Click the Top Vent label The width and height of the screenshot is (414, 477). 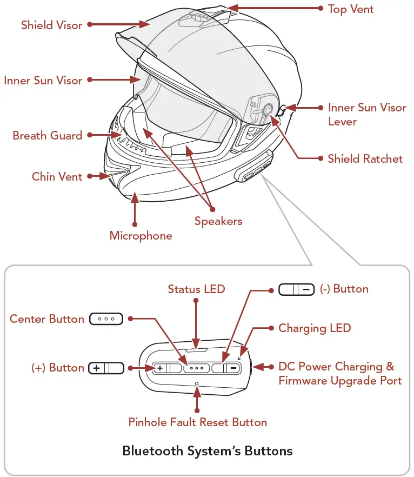point(351,9)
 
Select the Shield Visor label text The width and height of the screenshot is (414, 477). point(52,25)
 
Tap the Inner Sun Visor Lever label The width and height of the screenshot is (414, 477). point(367,114)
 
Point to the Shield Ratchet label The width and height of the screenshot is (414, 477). point(365,158)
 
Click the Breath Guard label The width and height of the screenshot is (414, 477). point(48,135)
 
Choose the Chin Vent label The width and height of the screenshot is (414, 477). point(57,176)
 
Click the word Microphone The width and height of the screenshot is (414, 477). point(141,236)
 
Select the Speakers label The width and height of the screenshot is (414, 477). point(218,221)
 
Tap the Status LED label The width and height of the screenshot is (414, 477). point(196,289)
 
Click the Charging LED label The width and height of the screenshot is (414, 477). point(315,328)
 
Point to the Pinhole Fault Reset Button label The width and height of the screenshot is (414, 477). point(197,422)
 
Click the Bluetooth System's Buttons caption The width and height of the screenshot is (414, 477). point(208,451)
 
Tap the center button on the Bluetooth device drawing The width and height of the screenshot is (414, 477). point(197,368)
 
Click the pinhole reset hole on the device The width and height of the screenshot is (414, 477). point(197,383)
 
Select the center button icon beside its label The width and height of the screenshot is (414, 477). point(106,319)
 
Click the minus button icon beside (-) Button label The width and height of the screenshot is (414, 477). point(296,289)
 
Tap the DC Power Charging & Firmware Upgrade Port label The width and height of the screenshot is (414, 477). point(340,374)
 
